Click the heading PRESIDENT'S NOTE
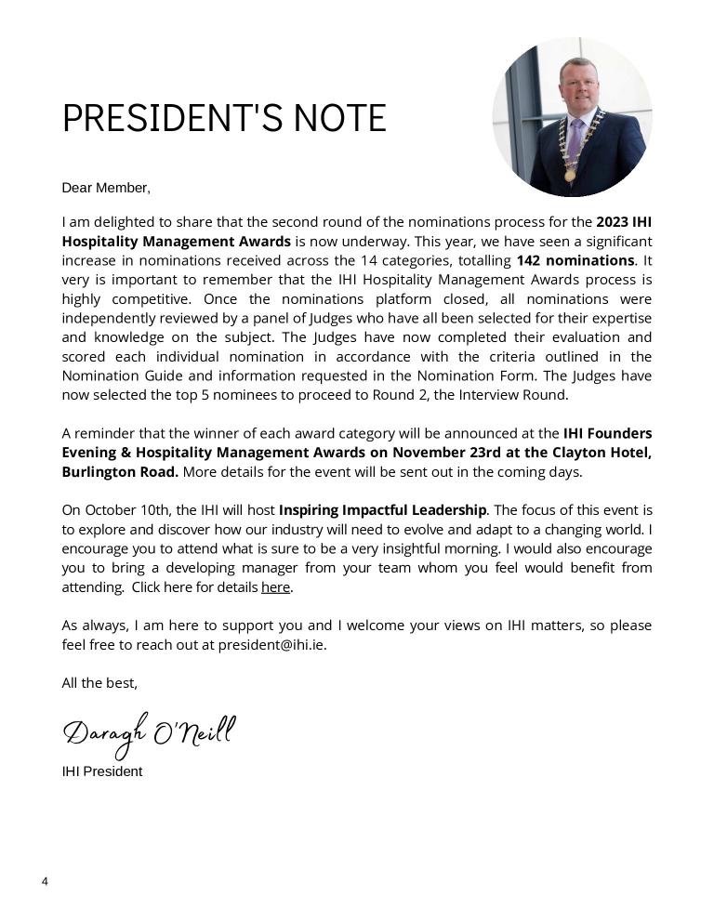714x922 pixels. pos(224,118)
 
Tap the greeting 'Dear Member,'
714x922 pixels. pos(106,188)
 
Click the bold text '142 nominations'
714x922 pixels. pos(575,260)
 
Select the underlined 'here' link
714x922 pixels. pos(276,587)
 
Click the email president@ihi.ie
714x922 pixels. pos(271,645)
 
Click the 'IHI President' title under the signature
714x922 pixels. pos(102,771)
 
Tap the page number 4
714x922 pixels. pos(45,881)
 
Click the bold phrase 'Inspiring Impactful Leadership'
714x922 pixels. pos(382,510)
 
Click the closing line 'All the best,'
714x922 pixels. pos(99,683)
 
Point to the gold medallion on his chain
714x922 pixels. pos(570,174)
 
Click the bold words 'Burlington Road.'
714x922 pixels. pos(120,472)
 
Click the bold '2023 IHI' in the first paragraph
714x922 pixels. pos(624,222)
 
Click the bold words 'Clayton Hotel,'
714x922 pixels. pos(609,453)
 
